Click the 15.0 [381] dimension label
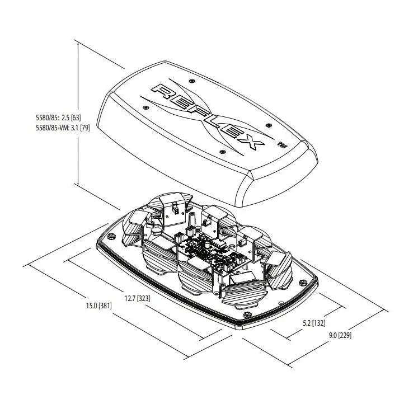(98, 306)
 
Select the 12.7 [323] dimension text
(137, 299)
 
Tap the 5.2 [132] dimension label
(314, 323)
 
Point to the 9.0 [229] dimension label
(340, 335)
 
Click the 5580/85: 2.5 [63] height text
(58, 118)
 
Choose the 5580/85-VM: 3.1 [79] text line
(63, 128)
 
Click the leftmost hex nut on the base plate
(111, 236)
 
